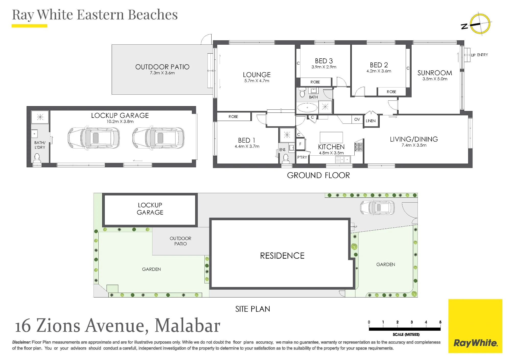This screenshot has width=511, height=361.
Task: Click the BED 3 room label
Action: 324,61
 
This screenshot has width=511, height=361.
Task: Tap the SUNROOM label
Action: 435,73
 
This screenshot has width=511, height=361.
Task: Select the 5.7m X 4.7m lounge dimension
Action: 257,81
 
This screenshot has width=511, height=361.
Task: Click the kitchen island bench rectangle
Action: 331,137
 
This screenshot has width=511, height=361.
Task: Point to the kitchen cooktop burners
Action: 358,147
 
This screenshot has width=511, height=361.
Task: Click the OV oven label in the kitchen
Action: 357,119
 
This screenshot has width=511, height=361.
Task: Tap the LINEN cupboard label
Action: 370,121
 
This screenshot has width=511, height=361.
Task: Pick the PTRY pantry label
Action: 302,157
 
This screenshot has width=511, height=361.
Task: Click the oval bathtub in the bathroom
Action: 307,108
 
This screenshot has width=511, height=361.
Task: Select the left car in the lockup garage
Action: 94,138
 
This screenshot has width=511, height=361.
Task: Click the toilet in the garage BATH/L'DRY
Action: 37,158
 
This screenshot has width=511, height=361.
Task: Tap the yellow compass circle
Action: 480,24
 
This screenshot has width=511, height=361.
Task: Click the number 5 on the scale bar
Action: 440,322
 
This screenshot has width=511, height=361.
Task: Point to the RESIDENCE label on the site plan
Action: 282,256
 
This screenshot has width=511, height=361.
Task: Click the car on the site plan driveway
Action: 377,207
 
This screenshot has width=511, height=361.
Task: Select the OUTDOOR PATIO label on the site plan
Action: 180,241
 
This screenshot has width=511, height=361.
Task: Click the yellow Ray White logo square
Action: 475,326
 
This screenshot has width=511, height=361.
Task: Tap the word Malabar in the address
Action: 187,326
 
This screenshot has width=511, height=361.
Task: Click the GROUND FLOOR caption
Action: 318,175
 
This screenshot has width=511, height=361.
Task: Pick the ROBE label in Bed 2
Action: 391,92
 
